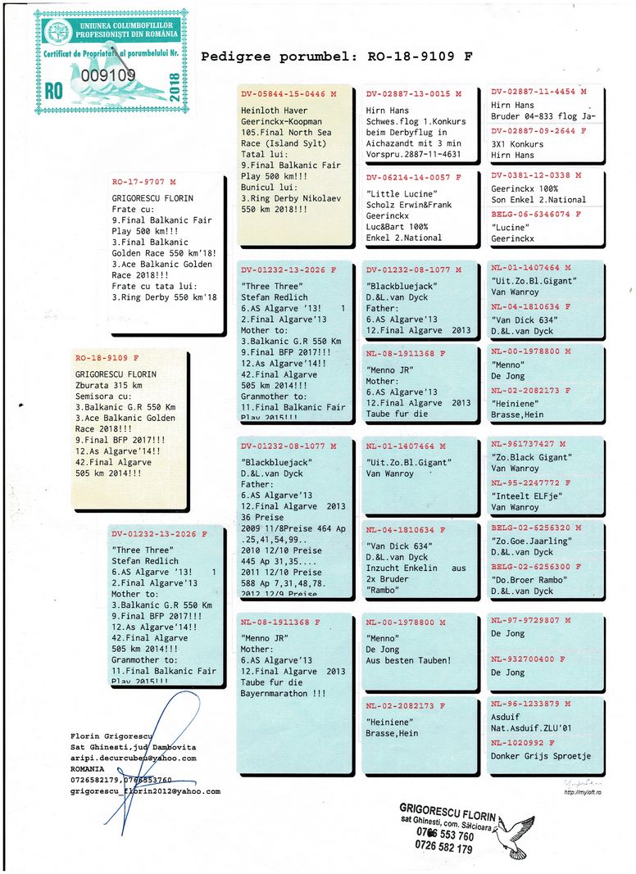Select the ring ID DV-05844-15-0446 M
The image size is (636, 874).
pyautogui.click(x=288, y=94)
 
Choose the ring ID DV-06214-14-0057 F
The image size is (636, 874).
pyautogui.click(x=413, y=177)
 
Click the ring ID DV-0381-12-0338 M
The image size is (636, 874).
pyautogui.click(x=536, y=175)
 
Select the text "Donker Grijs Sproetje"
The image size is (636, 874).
pyautogui.click(x=541, y=756)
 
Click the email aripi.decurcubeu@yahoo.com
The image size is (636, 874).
pyautogui.click(x=134, y=759)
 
